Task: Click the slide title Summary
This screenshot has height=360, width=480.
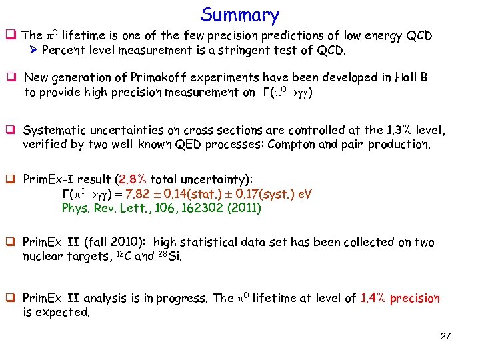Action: click(240, 15)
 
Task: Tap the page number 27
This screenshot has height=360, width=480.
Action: click(445, 336)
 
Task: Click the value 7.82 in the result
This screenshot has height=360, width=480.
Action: click(148, 194)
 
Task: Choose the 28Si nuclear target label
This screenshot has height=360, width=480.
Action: click(170, 256)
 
